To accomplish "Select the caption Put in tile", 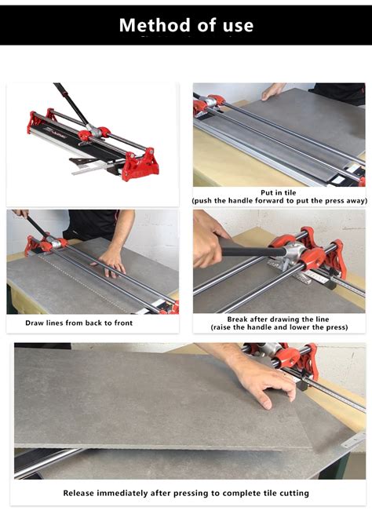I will point(279,192).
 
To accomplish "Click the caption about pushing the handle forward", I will point(279,201).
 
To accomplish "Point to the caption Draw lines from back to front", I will point(79,323).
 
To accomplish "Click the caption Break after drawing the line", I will point(279,319).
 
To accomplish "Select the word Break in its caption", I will point(239,319).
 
